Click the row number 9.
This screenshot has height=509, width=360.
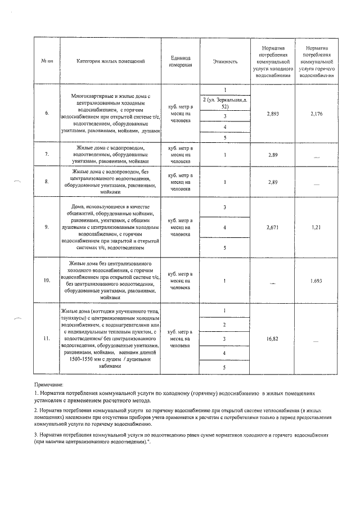pyautogui.click(x=47, y=227)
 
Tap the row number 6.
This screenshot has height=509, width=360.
pyautogui.click(x=47, y=113)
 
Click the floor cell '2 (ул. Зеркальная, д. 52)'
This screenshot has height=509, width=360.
pyautogui.click(x=225, y=103)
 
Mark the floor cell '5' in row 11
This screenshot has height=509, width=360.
pyautogui.click(x=225, y=367)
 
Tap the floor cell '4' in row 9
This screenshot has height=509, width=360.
pyautogui.click(x=225, y=227)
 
